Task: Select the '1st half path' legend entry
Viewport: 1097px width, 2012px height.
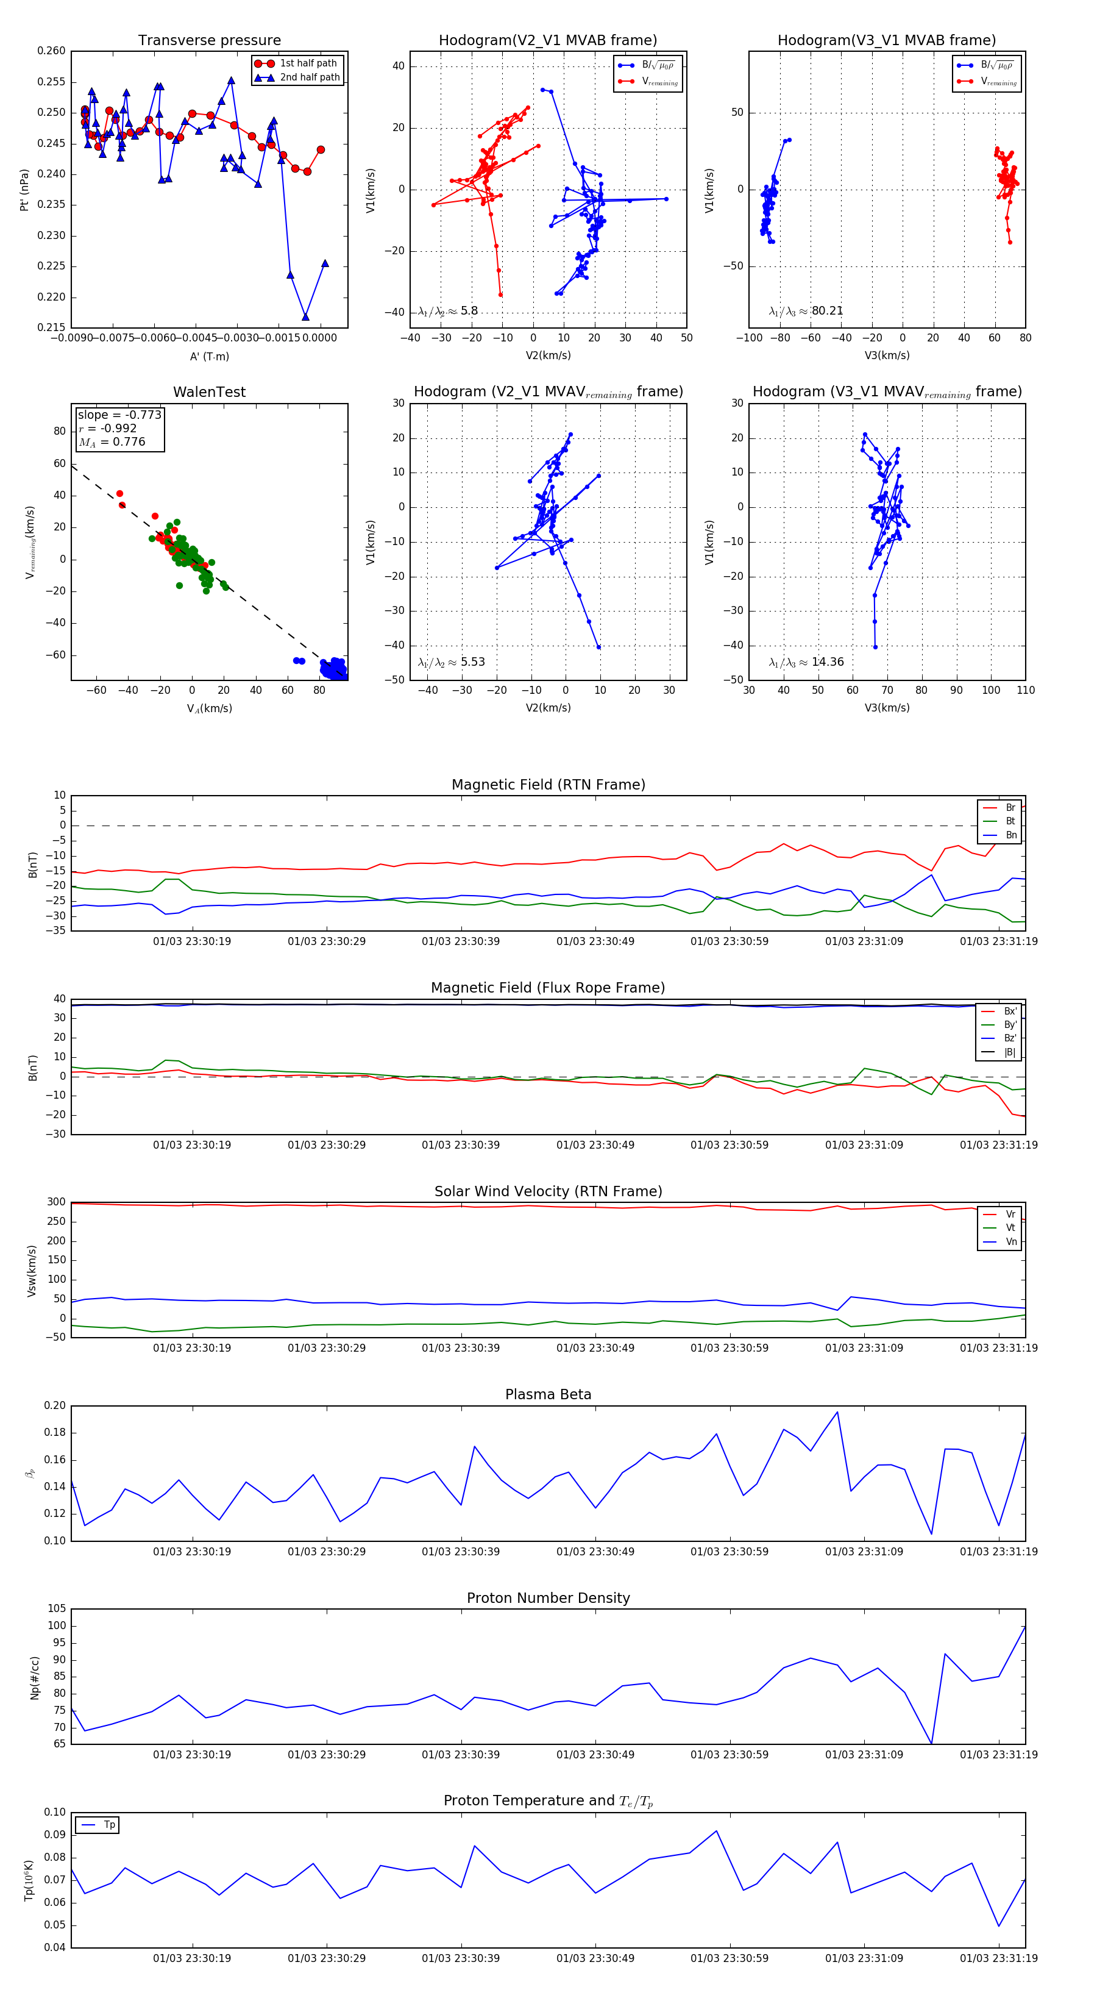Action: pos(308,63)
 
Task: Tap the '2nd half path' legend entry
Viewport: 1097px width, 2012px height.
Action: pos(309,77)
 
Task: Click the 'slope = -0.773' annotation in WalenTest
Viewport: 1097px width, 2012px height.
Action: pos(119,415)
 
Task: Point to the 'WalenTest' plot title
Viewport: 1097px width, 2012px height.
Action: pos(209,392)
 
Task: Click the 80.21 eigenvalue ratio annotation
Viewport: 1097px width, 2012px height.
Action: pos(827,311)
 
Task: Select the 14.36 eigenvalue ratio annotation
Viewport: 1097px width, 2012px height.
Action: pos(827,662)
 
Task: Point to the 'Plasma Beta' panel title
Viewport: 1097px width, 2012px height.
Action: pos(548,1395)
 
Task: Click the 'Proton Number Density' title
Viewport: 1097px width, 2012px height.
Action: pos(548,1598)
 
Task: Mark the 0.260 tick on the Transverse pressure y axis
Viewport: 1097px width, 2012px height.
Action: pos(52,51)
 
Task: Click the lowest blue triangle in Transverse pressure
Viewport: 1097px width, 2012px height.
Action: pos(305,316)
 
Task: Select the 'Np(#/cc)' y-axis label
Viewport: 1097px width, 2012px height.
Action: pos(34,1677)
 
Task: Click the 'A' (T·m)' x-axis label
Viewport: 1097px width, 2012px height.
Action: pos(209,357)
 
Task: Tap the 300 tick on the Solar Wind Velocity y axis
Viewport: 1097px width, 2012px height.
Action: pos(56,1202)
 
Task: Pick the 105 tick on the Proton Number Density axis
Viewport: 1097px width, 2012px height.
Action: pos(56,1609)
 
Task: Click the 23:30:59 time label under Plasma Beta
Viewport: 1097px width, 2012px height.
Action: pos(730,1551)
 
